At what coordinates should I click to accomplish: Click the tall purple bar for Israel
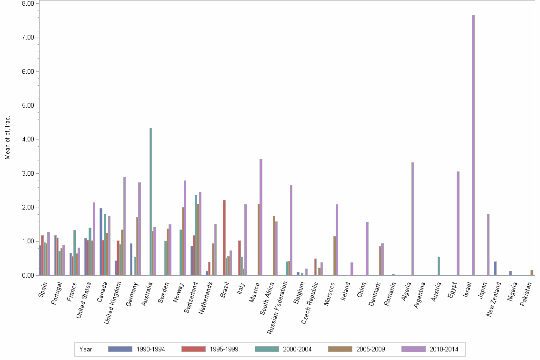tap(473, 145)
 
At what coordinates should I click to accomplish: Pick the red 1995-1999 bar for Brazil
tap(224, 238)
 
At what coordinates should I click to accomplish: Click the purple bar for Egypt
tap(458, 223)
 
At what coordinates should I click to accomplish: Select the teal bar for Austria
tap(439, 266)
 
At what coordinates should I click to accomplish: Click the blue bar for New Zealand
tap(495, 269)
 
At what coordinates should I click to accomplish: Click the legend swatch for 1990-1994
tap(120, 349)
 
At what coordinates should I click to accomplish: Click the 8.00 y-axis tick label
tap(28, 4)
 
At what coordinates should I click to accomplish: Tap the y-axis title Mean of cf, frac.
tap(8, 138)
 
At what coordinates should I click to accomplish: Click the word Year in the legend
tap(86, 349)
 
